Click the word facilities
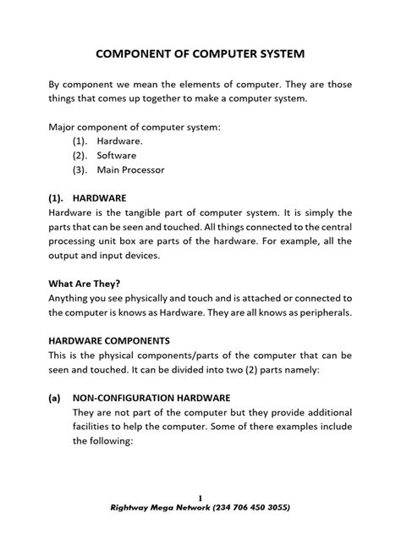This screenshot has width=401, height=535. (96, 427)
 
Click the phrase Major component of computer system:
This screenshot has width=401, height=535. (135, 126)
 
